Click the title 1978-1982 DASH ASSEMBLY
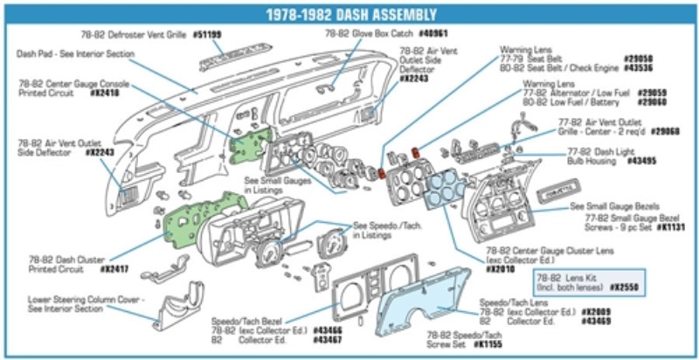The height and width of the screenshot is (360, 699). [x=349, y=13]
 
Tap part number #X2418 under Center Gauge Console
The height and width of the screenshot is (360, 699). [x=106, y=91]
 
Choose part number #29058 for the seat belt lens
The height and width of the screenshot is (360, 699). [x=638, y=59]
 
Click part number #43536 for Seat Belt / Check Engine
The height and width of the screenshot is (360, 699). [x=638, y=67]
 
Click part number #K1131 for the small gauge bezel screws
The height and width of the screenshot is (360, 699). [x=668, y=226]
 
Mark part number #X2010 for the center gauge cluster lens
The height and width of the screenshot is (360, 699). [x=500, y=269]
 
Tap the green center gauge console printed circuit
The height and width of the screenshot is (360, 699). [x=245, y=140]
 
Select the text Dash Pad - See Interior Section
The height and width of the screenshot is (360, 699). [x=75, y=53]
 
